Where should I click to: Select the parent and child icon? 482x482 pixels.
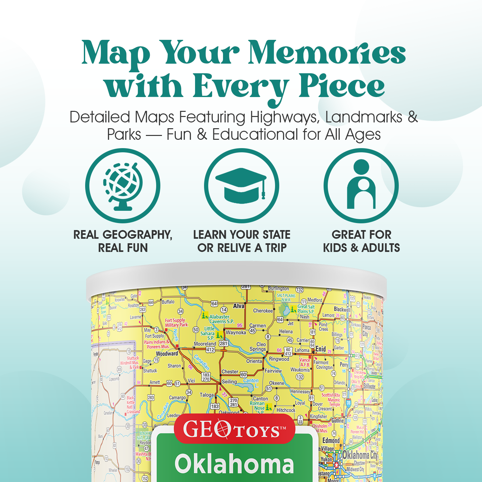tap(361, 185)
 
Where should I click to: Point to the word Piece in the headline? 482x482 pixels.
tap(341, 86)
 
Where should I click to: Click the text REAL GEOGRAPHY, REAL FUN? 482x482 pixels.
tap(123, 241)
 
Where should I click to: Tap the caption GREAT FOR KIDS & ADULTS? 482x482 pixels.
tap(362, 241)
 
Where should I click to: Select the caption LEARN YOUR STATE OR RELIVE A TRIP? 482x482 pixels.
tap(242, 241)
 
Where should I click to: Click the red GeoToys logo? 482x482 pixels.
tap(235, 429)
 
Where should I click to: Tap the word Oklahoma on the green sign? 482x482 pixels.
tap(234, 464)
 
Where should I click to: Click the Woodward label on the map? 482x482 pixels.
tap(167, 353)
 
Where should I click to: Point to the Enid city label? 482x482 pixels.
tap(321, 349)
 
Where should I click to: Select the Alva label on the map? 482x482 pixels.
tap(239, 306)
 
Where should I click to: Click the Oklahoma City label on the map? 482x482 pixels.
tap(360, 455)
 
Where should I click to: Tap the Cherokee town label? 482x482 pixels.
tap(263, 311)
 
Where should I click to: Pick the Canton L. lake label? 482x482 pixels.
tap(251, 382)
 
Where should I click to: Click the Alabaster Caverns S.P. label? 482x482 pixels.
tap(221, 319)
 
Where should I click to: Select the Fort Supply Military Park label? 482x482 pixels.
tap(176, 322)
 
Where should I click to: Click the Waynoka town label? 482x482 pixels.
tap(236, 333)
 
